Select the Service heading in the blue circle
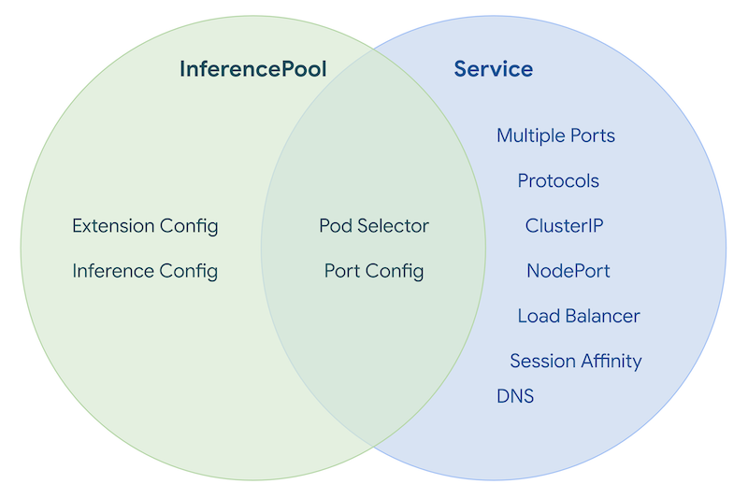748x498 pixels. [x=493, y=69]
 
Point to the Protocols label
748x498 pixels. [x=558, y=181]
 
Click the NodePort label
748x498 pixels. [x=568, y=272]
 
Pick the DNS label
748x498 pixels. [x=515, y=397]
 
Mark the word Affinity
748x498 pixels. [x=609, y=362]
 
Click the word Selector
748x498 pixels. [x=393, y=226]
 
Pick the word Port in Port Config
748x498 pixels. [x=342, y=272]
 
